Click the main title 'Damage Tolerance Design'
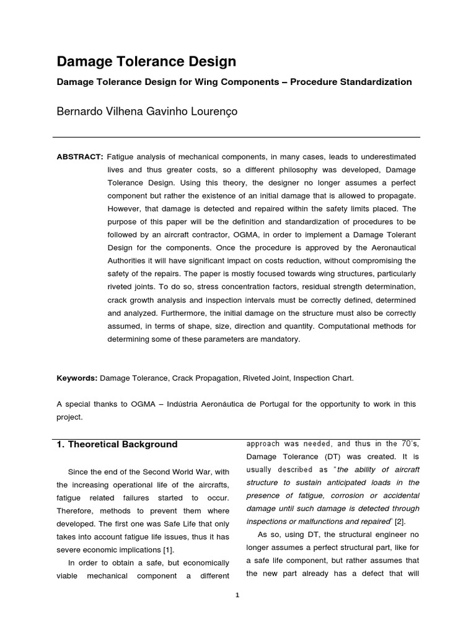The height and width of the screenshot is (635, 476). click(x=146, y=61)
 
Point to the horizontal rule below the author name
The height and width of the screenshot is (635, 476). click(x=236, y=137)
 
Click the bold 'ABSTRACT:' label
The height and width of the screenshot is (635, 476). click(x=80, y=157)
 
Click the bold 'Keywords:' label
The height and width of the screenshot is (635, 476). click(x=77, y=377)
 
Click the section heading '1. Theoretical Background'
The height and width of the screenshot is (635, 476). click(x=117, y=444)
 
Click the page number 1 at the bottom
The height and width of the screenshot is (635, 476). click(x=237, y=595)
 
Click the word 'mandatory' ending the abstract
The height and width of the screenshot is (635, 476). click(x=280, y=339)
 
